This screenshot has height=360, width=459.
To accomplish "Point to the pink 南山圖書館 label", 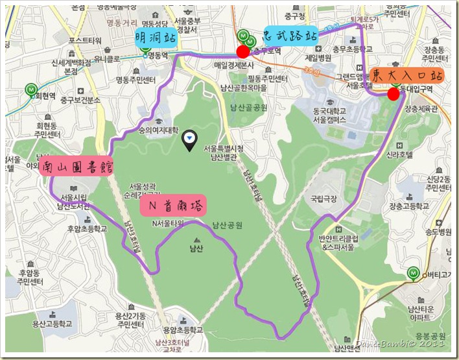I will pyautogui.click(x=76, y=168).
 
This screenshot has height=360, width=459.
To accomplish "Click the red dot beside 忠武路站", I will pyautogui.click(x=242, y=52).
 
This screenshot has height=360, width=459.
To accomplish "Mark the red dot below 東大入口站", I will pyautogui.click(x=393, y=95).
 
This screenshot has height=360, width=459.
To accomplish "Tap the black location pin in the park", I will pyautogui.click(x=189, y=139).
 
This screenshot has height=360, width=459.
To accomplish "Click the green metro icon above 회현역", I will pyautogui.click(x=30, y=89).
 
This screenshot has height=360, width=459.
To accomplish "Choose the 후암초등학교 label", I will pyautogui.click(x=82, y=228).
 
